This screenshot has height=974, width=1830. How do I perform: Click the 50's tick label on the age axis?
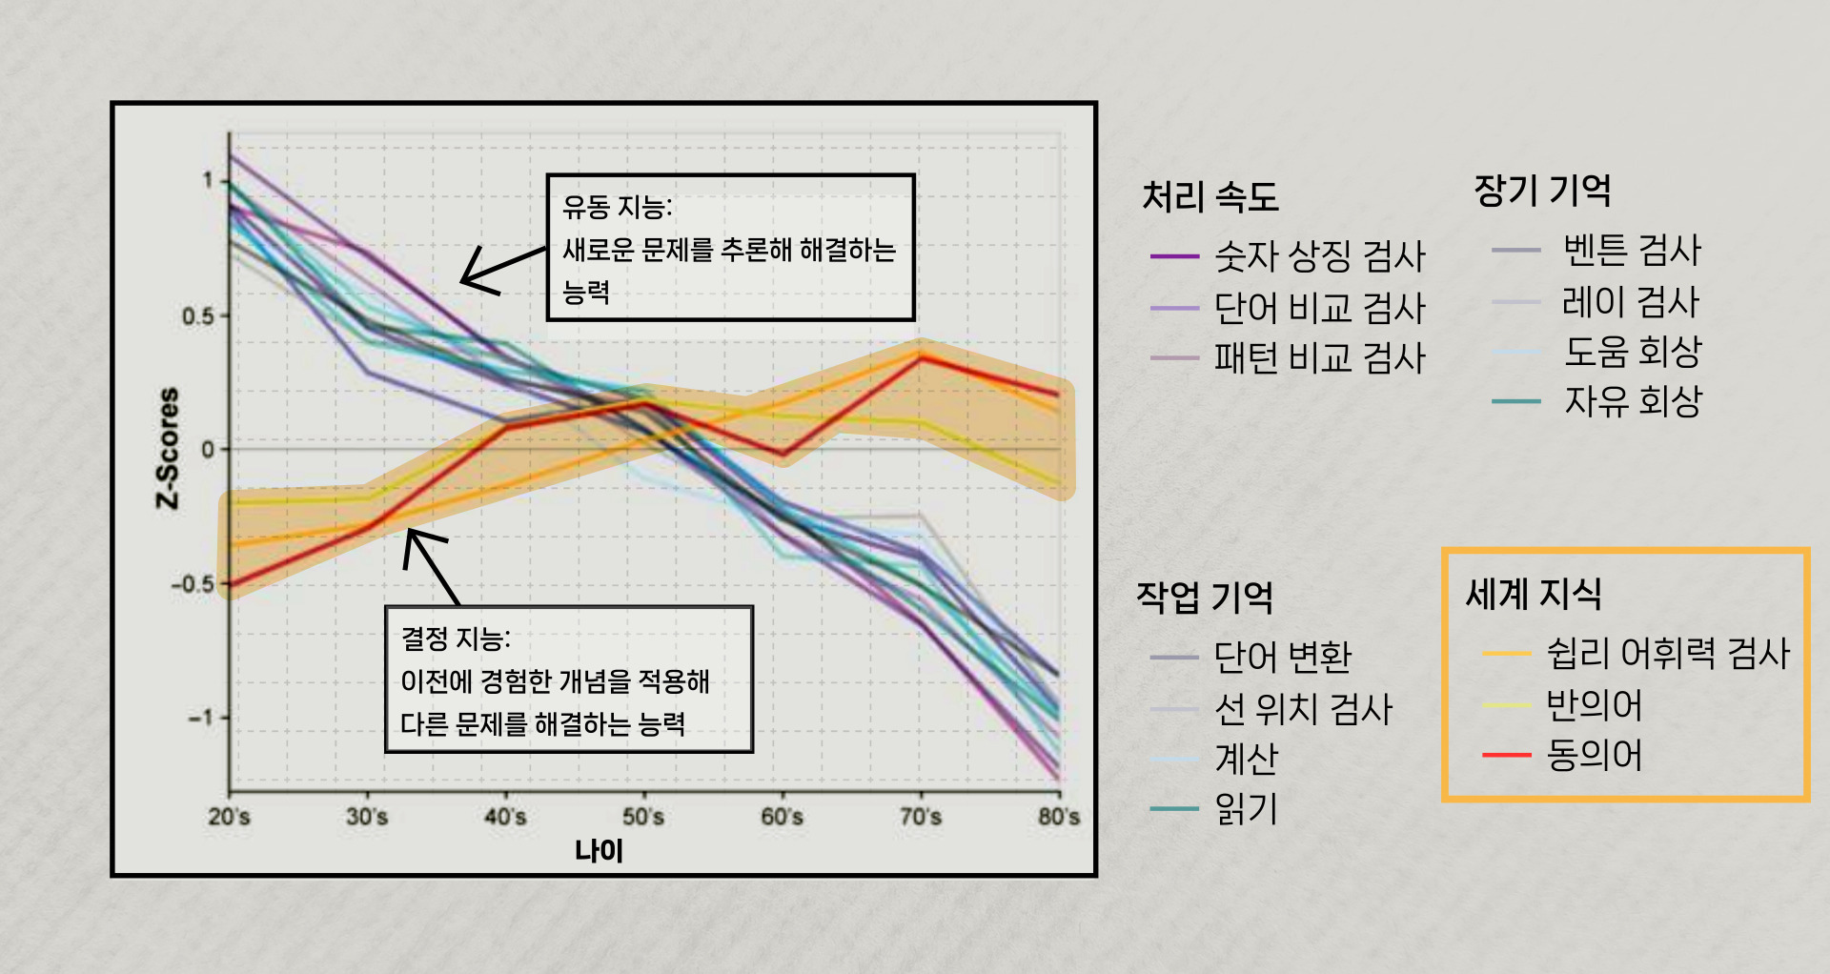pyautogui.click(x=643, y=817)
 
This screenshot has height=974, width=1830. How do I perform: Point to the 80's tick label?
pyautogui.click(x=1059, y=817)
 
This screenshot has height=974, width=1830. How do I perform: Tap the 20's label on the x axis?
pyautogui.click(x=229, y=817)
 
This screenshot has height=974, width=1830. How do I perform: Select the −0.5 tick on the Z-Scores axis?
pyautogui.click(x=193, y=583)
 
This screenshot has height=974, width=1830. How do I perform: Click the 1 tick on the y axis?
pyautogui.click(x=208, y=180)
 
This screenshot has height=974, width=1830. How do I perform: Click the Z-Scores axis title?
pyautogui.click(x=168, y=448)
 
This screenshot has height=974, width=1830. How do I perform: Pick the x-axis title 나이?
pyautogui.click(x=599, y=851)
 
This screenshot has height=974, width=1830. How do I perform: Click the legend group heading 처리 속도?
pyautogui.click(x=1210, y=197)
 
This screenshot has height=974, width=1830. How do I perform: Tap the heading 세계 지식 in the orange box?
pyautogui.click(x=1534, y=594)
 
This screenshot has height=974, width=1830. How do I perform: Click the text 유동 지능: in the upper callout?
pyautogui.click(x=618, y=207)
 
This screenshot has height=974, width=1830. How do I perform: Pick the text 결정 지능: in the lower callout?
pyautogui.click(x=456, y=639)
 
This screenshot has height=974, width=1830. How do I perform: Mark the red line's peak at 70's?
pyautogui.click(x=921, y=356)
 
